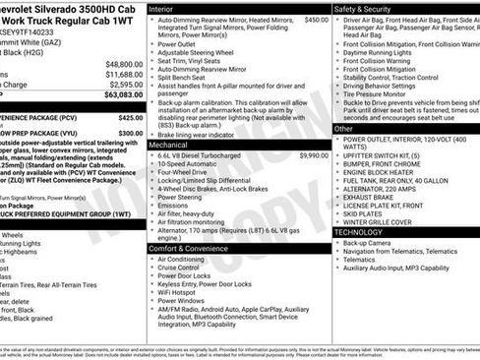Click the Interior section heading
[x=166, y=8]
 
